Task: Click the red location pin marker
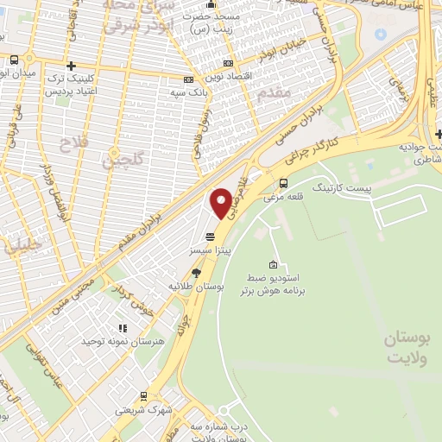pos(222,202)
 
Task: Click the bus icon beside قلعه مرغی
pos(284,182)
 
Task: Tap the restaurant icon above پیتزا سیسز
pos(210,237)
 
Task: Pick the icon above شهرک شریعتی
pos(143,396)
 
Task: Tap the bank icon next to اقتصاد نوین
pos(227,63)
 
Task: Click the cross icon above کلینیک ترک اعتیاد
pos(71,66)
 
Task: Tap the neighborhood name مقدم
pos(277,100)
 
